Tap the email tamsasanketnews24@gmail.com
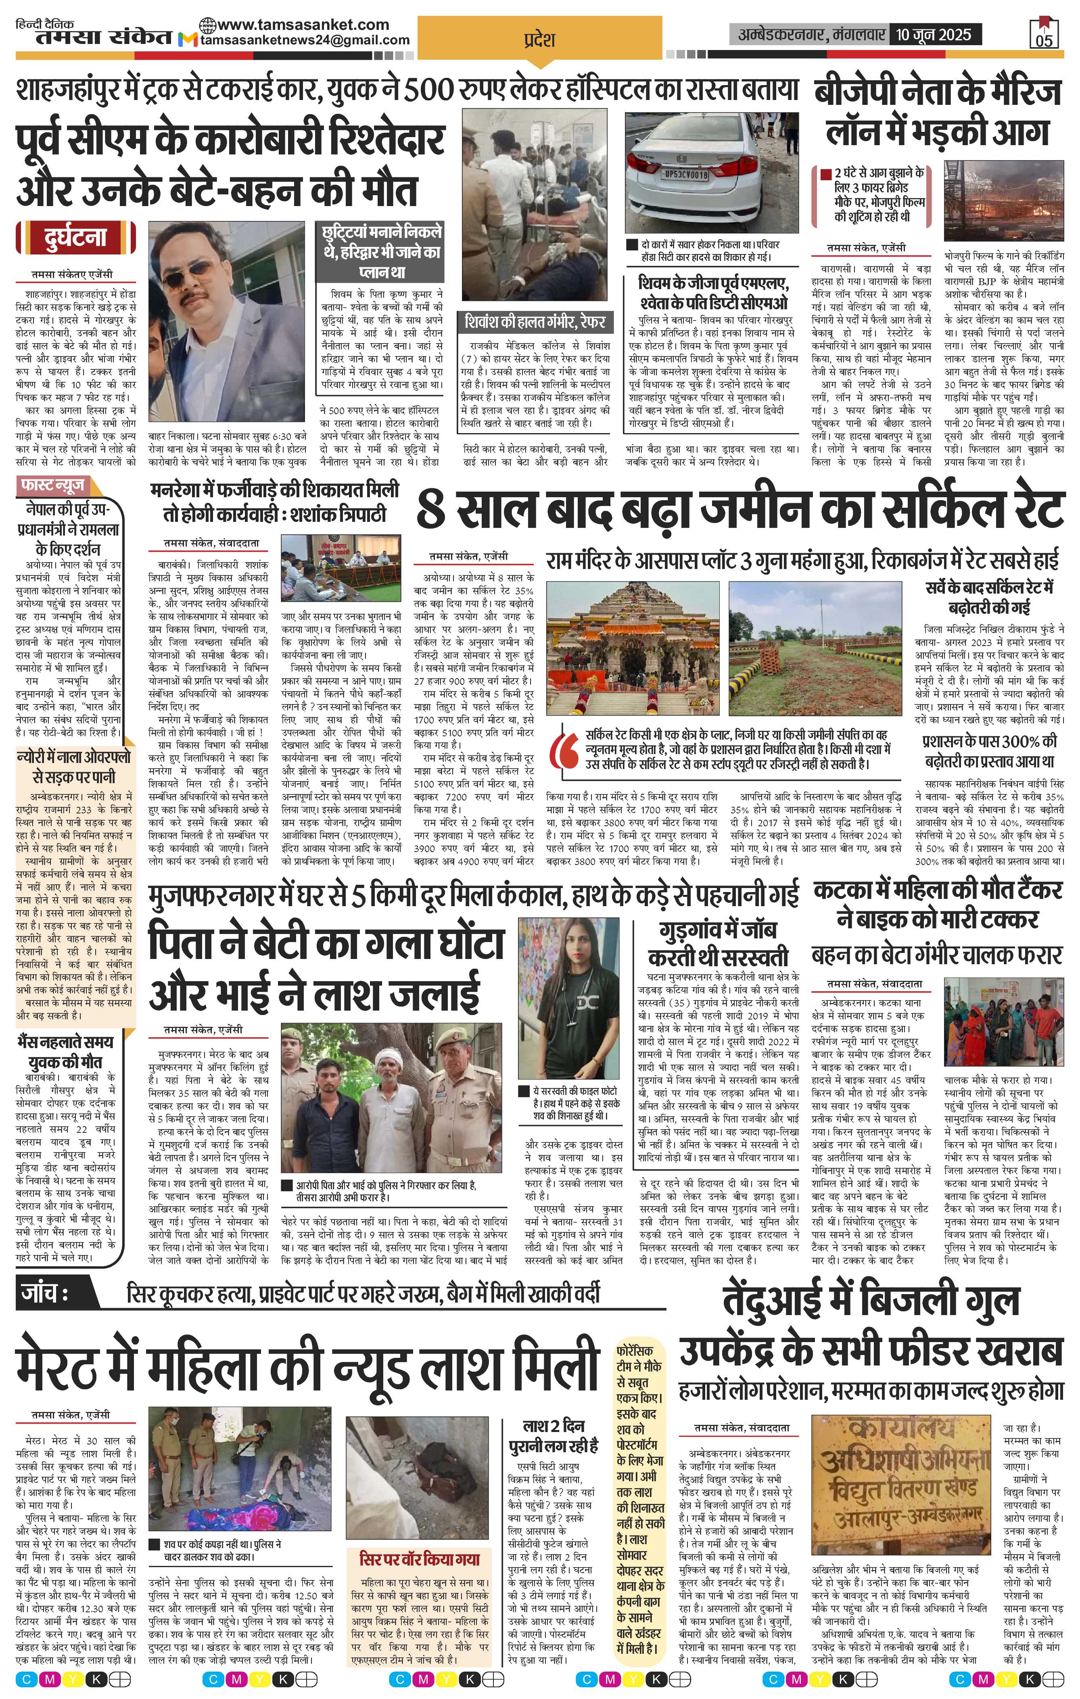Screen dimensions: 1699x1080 (x=304, y=40)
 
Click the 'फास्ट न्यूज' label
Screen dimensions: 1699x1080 (x=53, y=486)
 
